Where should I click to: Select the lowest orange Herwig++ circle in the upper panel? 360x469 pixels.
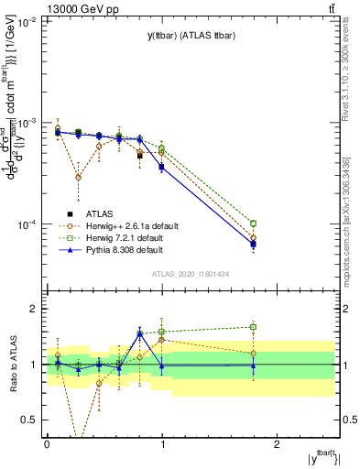point(79,177)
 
